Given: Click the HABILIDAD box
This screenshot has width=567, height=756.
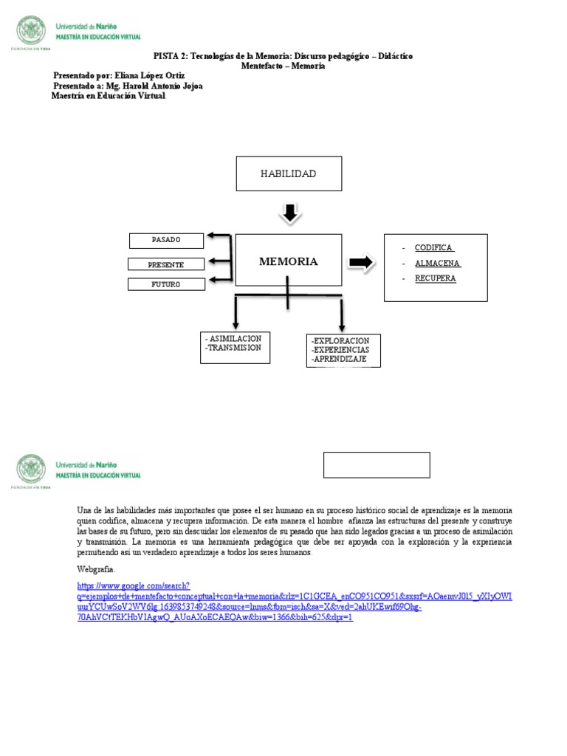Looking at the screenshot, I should pyautogui.click(x=289, y=173).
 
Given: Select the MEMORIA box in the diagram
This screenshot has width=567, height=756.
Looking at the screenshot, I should pyautogui.click(x=288, y=261).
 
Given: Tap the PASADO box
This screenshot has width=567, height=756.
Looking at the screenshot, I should pyautogui.click(x=166, y=241).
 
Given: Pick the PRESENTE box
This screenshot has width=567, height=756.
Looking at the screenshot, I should pyautogui.click(x=166, y=264).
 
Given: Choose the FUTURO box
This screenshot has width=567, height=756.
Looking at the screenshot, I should pyautogui.click(x=166, y=284).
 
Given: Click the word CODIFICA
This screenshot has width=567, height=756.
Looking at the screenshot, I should pyautogui.click(x=434, y=248).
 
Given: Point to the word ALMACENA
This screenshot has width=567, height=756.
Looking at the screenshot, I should pyautogui.click(x=437, y=264).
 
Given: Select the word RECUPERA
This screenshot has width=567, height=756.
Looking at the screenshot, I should pyautogui.click(x=435, y=278).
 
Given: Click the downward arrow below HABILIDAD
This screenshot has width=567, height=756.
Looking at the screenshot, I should pyautogui.click(x=289, y=213).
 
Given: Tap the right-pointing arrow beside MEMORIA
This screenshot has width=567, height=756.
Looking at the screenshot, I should pyautogui.click(x=361, y=262).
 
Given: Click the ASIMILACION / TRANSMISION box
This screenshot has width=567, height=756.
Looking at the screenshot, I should pyautogui.click(x=234, y=347).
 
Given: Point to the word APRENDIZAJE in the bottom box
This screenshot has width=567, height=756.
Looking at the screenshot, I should pyautogui.click(x=340, y=359).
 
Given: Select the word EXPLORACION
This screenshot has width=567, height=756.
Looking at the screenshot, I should pyautogui.click(x=340, y=341).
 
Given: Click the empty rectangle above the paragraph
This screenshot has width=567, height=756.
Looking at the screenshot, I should pyautogui.click(x=377, y=465).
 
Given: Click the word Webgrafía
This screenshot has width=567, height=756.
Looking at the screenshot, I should pyautogui.click(x=96, y=569).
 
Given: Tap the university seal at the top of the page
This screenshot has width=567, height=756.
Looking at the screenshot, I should pyautogui.click(x=30, y=31).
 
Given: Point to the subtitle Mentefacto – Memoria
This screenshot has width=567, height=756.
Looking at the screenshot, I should pyautogui.click(x=283, y=66).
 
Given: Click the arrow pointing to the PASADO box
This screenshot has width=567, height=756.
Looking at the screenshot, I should pyautogui.click(x=219, y=236).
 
